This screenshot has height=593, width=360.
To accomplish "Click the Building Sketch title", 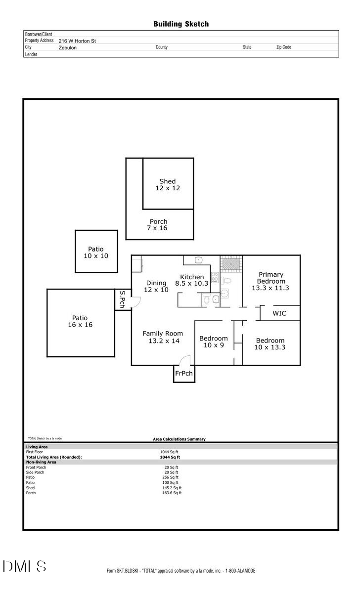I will pyautogui.click(x=180, y=24).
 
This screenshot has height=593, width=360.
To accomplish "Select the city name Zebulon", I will pyautogui.click(x=68, y=48).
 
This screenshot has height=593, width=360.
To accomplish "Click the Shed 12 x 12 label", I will pyautogui.click(x=168, y=185).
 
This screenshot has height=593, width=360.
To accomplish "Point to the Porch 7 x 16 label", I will pyautogui.click(x=158, y=225).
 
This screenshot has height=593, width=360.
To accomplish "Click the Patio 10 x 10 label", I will pyautogui.click(x=96, y=253).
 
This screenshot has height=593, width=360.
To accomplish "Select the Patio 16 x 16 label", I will pyautogui.click(x=80, y=321).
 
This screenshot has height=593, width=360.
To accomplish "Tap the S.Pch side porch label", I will pyautogui.click(x=123, y=299).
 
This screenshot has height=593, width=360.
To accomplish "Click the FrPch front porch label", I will pyautogui.click(x=183, y=373).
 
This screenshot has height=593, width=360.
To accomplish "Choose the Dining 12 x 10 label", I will pyautogui.click(x=156, y=286).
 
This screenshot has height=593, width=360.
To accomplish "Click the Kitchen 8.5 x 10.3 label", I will pyautogui.click(x=192, y=280).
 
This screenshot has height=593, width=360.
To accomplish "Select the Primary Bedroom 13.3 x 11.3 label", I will pyautogui.click(x=270, y=281).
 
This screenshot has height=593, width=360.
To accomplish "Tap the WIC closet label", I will pyautogui.click(x=279, y=313).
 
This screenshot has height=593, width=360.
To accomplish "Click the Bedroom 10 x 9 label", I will pyautogui.click(x=214, y=341).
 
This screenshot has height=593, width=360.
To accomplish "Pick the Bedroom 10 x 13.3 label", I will pyautogui.click(x=270, y=343).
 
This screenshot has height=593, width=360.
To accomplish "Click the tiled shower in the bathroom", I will pyautogui.click(x=230, y=264).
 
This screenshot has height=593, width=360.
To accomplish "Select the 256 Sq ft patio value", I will pyautogui.click(x=171, y=477).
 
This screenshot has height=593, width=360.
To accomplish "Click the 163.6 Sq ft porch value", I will pyautogui.click(x=171, y=493).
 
